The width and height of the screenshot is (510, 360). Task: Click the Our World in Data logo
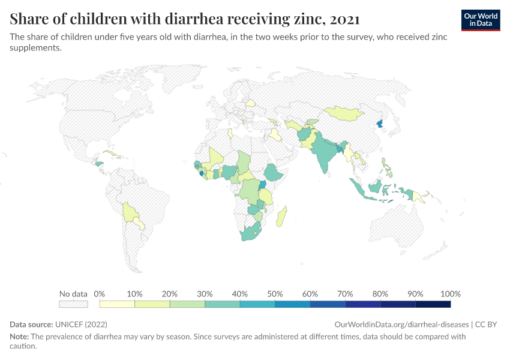point(480,19)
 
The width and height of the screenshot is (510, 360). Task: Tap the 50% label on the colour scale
point(275,294)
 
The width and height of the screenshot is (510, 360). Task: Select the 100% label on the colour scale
point(450,294)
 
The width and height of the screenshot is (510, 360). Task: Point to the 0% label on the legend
point(100,294)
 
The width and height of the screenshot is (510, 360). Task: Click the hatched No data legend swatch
point(73,304)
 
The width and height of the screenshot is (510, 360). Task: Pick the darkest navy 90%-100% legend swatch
point(433,304)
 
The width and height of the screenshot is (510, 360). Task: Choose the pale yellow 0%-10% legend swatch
point(117,304)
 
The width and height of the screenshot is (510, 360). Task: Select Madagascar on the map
point(281,217)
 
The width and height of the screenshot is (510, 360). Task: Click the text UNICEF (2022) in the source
point(82,324)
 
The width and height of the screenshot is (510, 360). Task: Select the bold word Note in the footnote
point(19,337)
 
